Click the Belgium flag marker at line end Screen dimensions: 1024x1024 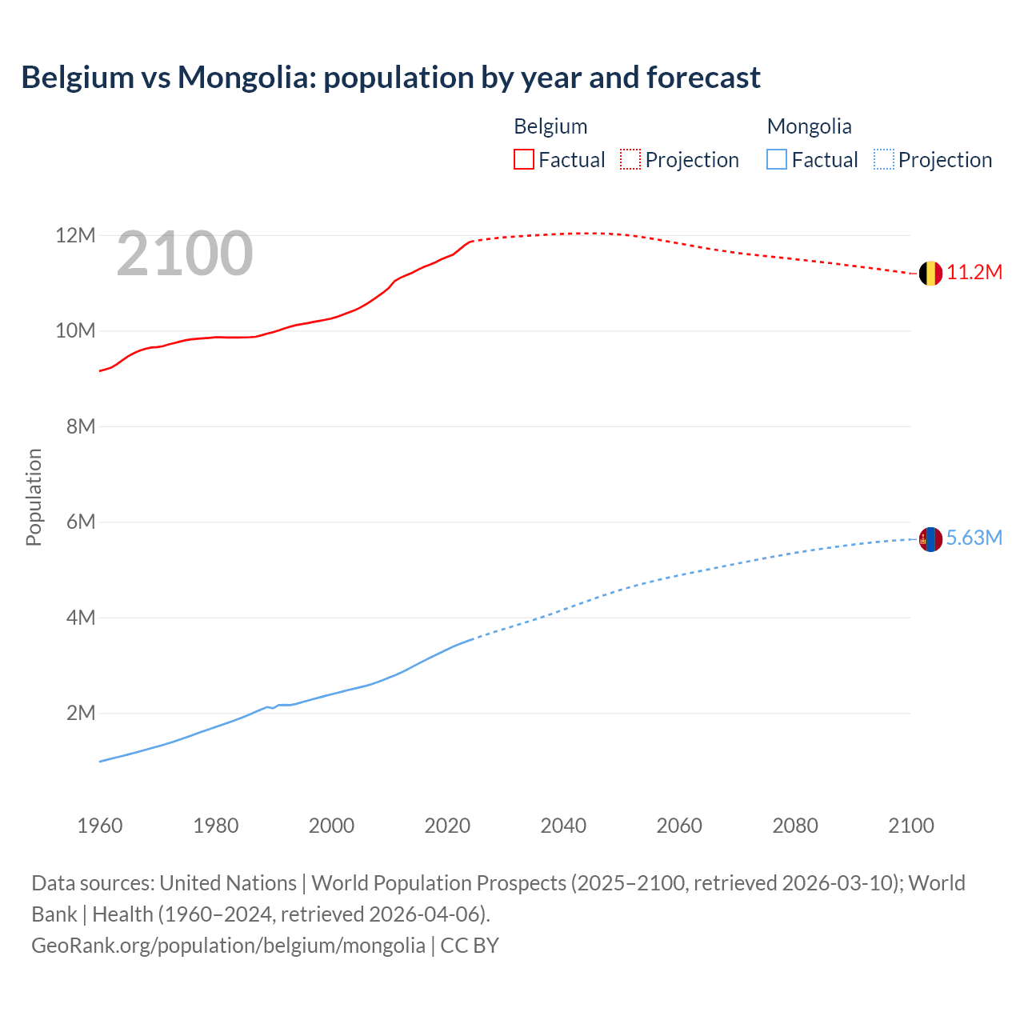[930, 274]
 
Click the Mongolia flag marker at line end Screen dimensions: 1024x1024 [930, 539]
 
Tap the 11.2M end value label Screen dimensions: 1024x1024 [974, 273]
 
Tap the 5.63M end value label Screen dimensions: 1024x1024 [974, 538]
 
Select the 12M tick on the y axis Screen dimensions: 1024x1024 [75, 236]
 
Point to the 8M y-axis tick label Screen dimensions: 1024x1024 [81, 426]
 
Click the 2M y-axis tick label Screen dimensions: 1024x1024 [81, 713]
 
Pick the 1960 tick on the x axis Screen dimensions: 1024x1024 [100, 826]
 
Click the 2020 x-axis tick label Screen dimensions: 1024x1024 [447, 826]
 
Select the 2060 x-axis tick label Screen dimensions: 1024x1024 [679, 826]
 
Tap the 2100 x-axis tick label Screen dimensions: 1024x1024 [910, 826]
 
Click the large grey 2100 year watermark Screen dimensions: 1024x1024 [185, 254]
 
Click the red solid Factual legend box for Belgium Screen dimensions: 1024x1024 [524, 160]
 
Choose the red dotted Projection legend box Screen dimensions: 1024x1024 [630, 160]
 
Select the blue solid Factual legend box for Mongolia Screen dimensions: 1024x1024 [777, 160]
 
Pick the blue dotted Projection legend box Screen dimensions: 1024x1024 [883, 160]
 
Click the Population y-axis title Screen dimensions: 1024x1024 [34, 497]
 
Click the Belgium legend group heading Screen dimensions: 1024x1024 [550, 126]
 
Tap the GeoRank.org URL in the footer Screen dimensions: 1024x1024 [228, 946]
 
